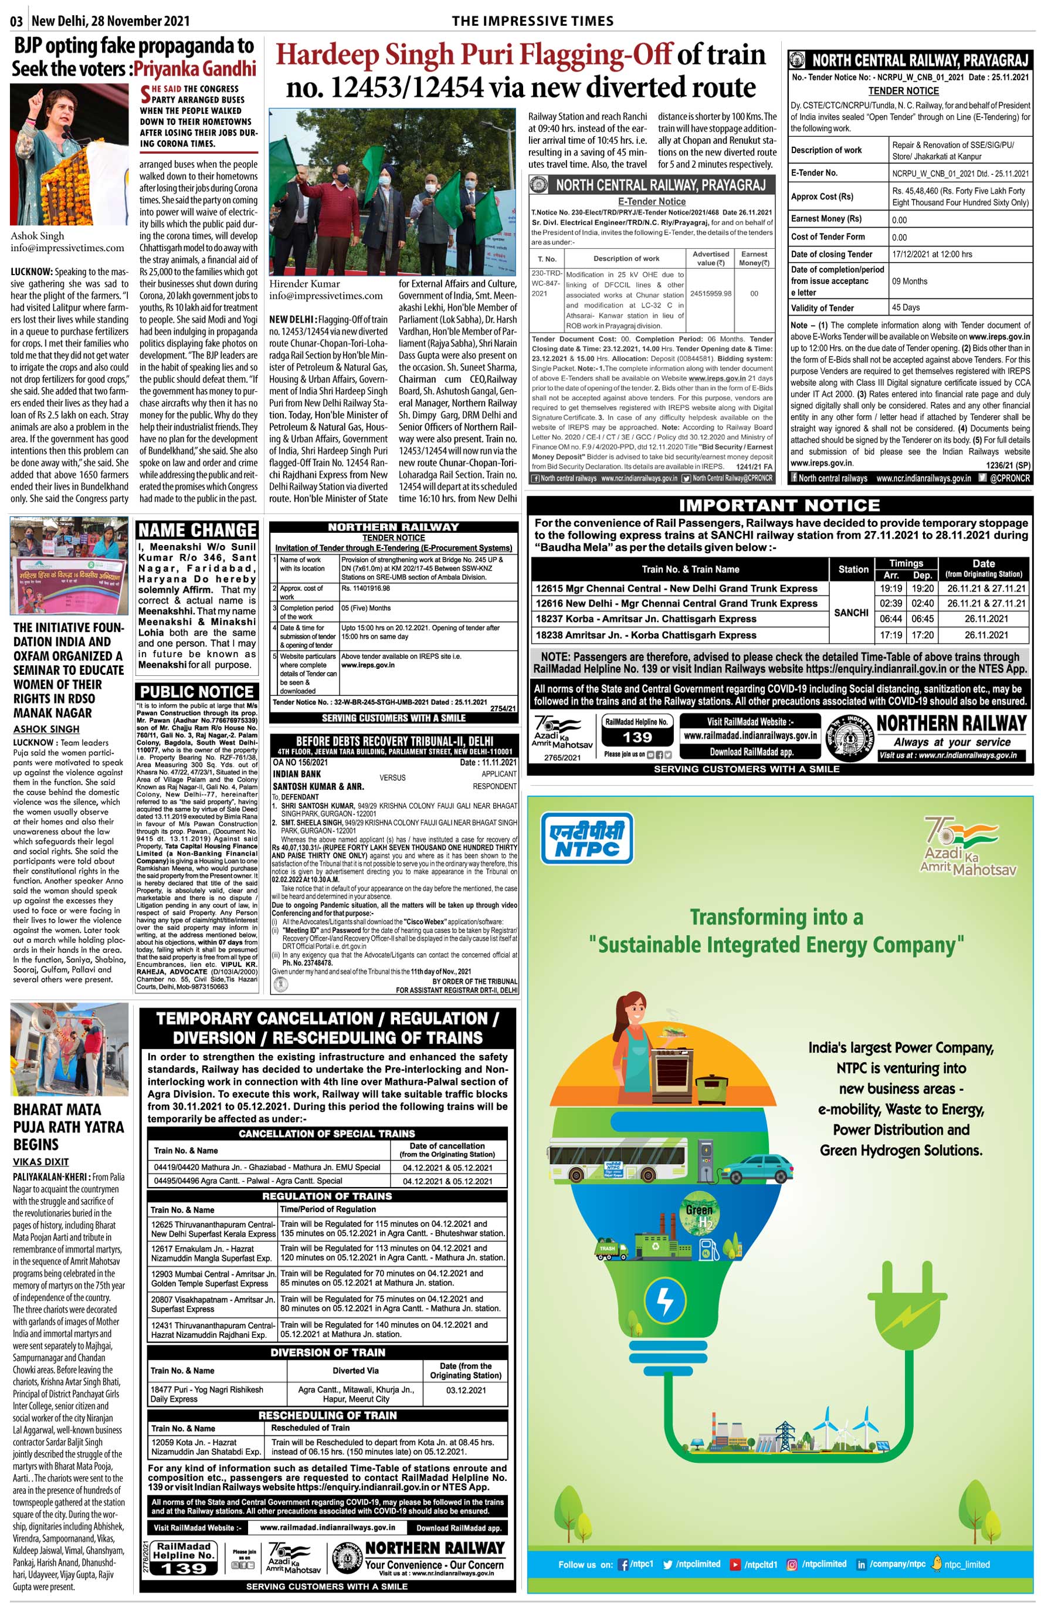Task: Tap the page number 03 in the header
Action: [x=17, y=21]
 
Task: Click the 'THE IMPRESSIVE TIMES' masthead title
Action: [x=533, y=21]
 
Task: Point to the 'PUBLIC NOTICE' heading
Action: [x=196, y=692]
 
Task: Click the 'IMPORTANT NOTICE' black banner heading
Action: [x=779, y=506]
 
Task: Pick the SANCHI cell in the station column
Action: [x=851, y=612]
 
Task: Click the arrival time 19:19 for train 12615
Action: [x=891, y=588]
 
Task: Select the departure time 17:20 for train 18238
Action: [x=923, y=635]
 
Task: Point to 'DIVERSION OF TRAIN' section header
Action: [x=327, y=1352]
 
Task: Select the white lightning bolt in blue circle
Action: [x=664, y=1300]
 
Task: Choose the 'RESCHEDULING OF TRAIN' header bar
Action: [x=327, y=1416]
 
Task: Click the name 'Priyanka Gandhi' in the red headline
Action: [x=195, y=69]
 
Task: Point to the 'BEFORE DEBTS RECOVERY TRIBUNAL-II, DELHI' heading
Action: [x=395, y=741]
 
